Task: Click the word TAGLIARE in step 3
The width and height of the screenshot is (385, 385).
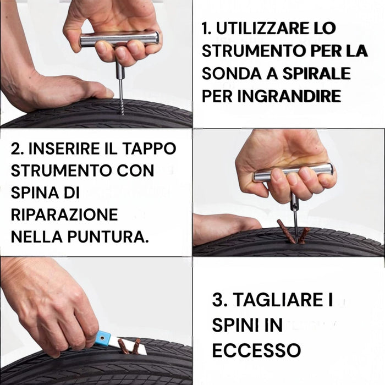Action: [279, 300]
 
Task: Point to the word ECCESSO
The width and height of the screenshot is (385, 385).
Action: [256, 349]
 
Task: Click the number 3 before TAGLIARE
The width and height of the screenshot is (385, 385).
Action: [218, 300]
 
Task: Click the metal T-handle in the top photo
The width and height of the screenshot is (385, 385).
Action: [119, 39]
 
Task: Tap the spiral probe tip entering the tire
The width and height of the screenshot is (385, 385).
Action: [122, 102]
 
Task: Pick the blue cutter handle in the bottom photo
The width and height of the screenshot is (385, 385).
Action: [103, 338]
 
